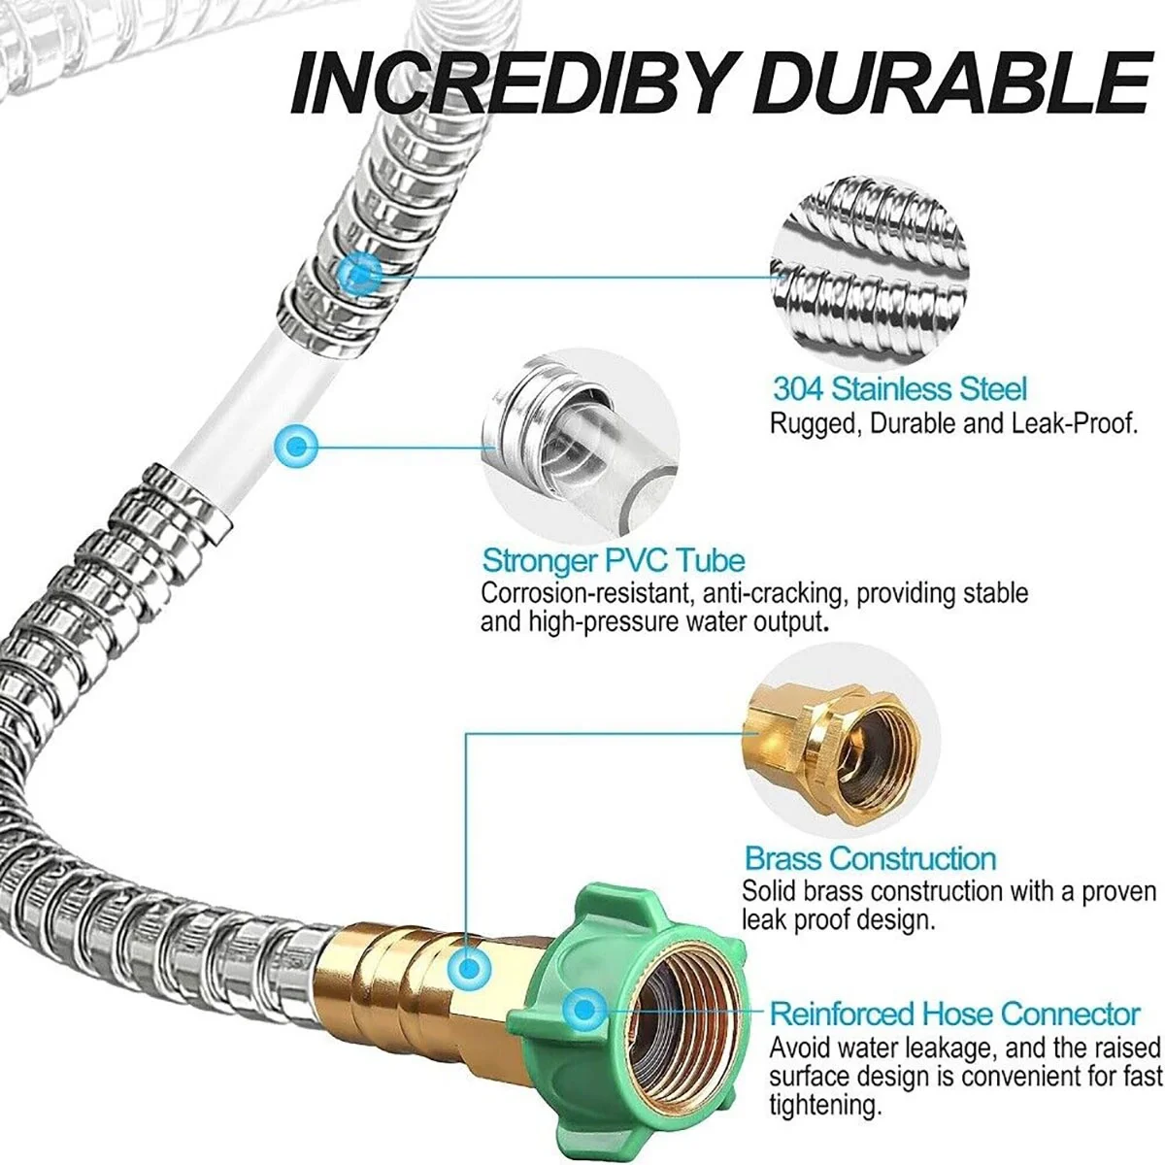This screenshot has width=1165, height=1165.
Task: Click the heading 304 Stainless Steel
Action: (899, 389)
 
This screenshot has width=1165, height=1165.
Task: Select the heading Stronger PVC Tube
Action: (614, 560)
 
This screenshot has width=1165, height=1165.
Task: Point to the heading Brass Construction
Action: (870, 858)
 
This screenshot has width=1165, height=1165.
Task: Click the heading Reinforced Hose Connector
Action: (954, 1014)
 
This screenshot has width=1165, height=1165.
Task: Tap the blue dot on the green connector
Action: (583, 1010)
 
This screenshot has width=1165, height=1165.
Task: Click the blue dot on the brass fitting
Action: (469, 966)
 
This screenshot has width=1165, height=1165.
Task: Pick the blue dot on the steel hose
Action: (361, 273)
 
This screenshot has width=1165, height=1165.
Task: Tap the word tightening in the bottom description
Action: (825, 1104)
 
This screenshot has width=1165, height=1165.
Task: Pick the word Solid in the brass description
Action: (769, 890)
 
